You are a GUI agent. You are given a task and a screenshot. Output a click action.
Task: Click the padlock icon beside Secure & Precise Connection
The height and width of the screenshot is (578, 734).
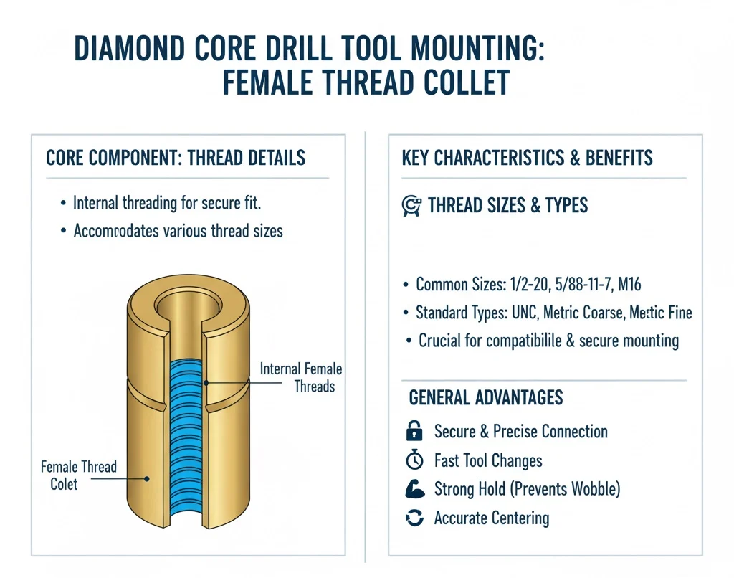pyautogui.click(x=414, y=431)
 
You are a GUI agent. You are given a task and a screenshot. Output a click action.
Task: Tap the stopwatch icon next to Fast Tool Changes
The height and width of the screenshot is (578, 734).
pyautogui.click(x=414, y=460)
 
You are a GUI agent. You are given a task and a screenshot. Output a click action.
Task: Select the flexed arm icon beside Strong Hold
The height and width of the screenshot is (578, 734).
pyautogui.click(x=415, y=489)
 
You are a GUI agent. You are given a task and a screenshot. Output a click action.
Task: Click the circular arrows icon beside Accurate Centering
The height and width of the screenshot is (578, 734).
pyautogui.click(x=415, y=518)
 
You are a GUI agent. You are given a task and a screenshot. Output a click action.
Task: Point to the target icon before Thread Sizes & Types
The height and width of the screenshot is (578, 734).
pyautogui.click(x=411, y=206)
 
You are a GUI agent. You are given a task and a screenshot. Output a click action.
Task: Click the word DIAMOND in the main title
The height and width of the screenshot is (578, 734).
pyautogui.click(x=130, y=49)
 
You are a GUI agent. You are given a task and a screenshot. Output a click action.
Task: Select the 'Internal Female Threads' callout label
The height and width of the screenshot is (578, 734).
pyautogui.click(x=301, y=377)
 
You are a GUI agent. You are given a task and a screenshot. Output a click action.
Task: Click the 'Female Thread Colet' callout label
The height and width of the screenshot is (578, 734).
pyautogui.click(x=78, y=475)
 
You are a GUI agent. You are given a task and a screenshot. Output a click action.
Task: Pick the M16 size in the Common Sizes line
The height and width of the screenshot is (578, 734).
pyautogui.click(x=629, y=284)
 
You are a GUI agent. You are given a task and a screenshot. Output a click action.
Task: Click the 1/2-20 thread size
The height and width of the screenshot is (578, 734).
pyautogui.click(x=529, y=284)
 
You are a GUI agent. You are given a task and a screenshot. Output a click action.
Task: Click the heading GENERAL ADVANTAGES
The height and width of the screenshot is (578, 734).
pyautogui.click(x=486, y=398)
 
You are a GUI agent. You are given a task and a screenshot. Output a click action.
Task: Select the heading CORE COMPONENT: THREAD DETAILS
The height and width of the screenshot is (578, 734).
pyautogui.click(x=176, y=158)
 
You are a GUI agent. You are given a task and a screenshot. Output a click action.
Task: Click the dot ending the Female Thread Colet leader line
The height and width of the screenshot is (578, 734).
pyautogui.click(x=146, y=479)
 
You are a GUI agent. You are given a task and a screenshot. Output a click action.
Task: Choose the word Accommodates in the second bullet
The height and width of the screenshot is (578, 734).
pyautogui.click(x=116, y=231)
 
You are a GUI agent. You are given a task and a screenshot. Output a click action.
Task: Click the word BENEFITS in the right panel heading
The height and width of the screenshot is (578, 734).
pyautogui.click(x=619, y=158)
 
